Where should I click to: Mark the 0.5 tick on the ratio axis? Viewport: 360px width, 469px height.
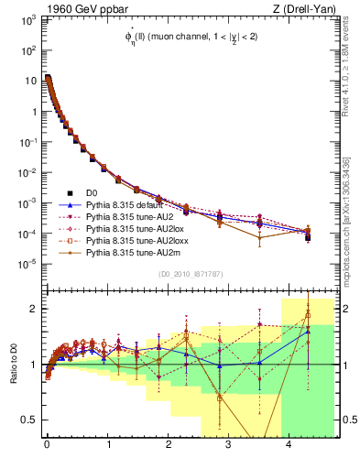(31, 420)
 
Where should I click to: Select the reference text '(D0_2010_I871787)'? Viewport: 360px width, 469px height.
(190, 275)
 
